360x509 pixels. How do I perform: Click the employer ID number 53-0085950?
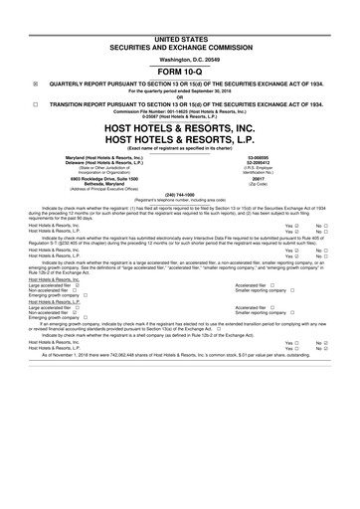[261, 156]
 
